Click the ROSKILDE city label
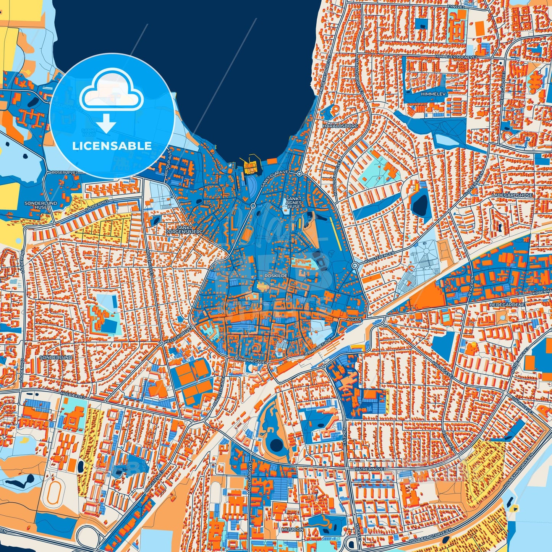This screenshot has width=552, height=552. tap(275, 275)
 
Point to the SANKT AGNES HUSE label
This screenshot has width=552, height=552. tap(294, 202)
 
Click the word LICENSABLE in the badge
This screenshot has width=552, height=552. tap(112, 146)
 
